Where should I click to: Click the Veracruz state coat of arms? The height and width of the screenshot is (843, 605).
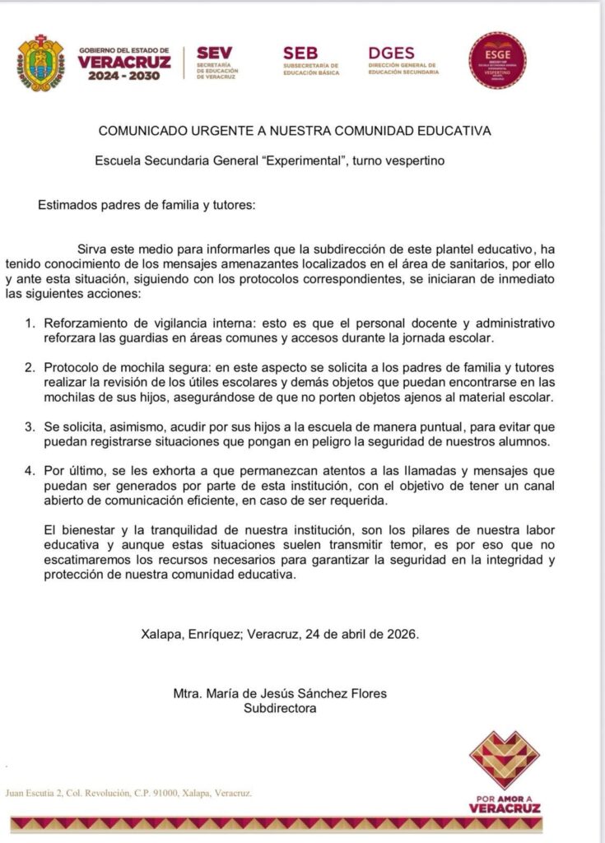(x=40, y=62)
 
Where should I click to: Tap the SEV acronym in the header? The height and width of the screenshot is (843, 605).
(x=214, y=54)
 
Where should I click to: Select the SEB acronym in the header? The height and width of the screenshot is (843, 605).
(x=300, y=53)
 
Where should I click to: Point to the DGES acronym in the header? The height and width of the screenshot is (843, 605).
(x=392, y=53)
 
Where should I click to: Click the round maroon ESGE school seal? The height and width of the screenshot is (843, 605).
(x=497, y=60)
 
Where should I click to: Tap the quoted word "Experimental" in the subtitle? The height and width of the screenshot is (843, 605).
(x=301, y=161)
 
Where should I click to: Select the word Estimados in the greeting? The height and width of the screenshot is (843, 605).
(x=68, y=206)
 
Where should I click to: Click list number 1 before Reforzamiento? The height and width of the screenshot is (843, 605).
(x=29, y=320)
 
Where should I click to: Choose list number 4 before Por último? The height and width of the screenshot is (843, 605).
(x=29, y=472)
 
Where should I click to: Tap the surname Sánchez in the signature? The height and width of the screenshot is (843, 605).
(x=326, y=693)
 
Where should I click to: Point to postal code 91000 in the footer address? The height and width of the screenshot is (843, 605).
(x=152, y=794)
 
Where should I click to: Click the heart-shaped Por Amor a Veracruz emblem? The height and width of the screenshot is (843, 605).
(x=504, y=760)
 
